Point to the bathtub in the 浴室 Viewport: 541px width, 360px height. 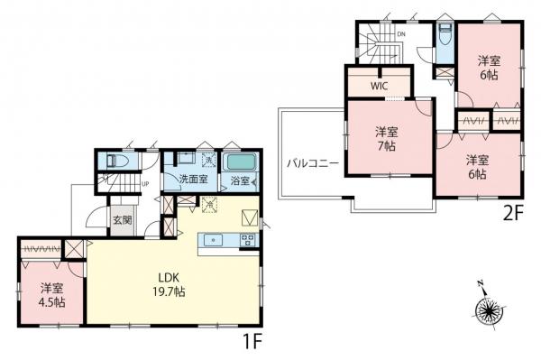240,164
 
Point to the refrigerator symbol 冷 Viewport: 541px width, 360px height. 210,205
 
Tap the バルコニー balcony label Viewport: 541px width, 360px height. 312,164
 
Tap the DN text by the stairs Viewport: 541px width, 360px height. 400,35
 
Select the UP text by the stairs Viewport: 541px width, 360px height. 143,185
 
